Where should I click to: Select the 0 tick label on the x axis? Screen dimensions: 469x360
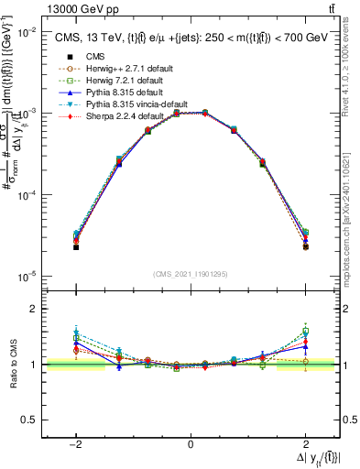point(191,444)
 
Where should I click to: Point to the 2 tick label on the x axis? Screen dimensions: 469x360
point(304,444)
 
